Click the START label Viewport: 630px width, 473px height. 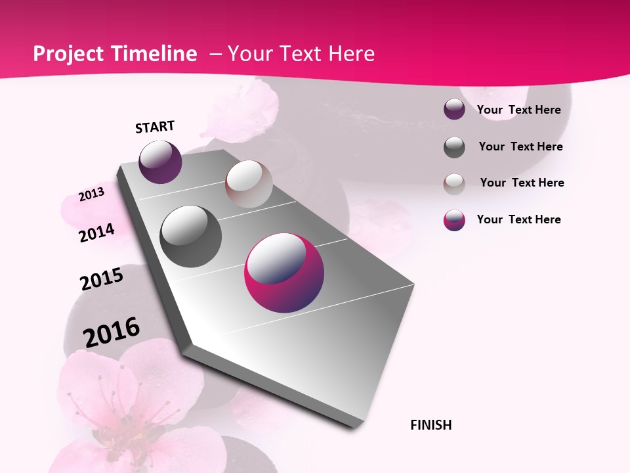click(x=155, y=127)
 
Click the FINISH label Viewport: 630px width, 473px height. click(x=430, y=425)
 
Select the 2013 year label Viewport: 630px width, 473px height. click(x=91, y=194)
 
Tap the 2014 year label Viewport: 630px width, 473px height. click(x=96, y=233)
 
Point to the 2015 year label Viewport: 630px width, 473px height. click(x=101, y=279)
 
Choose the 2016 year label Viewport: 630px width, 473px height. click(x=112, y=332)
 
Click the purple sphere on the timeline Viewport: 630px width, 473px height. click(x=160, y=162)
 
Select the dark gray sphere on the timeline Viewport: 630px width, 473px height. click(x=190, y=236)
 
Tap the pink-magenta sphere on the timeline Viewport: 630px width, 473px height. click(x=284, y=273)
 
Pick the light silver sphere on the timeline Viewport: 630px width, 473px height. click(x=249, y=184)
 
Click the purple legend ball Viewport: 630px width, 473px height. click(x=454, y=109)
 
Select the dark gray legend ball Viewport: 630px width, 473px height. click(x=454, y=147)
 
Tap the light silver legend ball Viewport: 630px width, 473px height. click(x=454, y=183)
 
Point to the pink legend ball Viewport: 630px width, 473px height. click(x=454, y=220)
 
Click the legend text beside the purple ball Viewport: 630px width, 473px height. click(x=518, y=110)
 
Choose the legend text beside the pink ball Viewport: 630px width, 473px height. click(x=518, y=219)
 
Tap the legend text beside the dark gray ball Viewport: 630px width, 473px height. click(x=520, y=146)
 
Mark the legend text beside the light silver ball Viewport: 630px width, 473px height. click(x=522, y=183)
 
